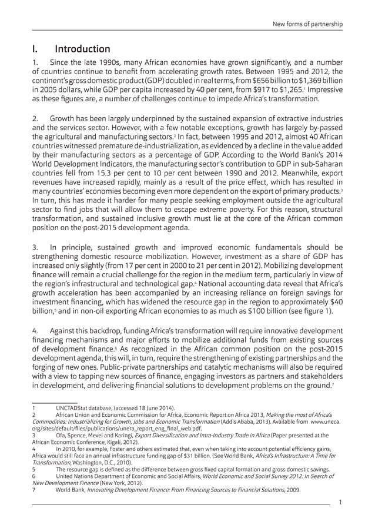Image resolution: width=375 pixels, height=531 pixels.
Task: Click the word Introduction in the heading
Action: pyautogui.click(x=83, y=49)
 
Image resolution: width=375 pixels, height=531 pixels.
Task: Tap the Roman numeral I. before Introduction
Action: pyautogui.click(x=35, y=49)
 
